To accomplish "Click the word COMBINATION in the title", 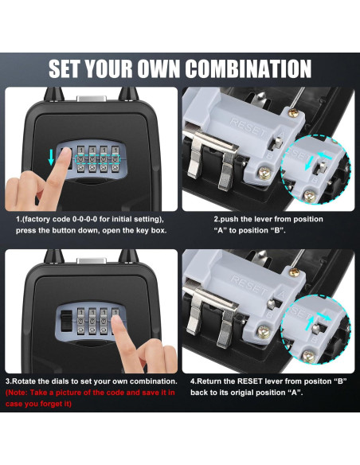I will [233, 68].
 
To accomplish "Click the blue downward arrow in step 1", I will [53, 156].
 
